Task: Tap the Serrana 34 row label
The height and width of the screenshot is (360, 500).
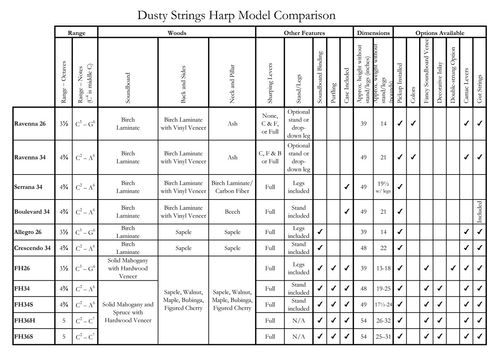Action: pos(28,185)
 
